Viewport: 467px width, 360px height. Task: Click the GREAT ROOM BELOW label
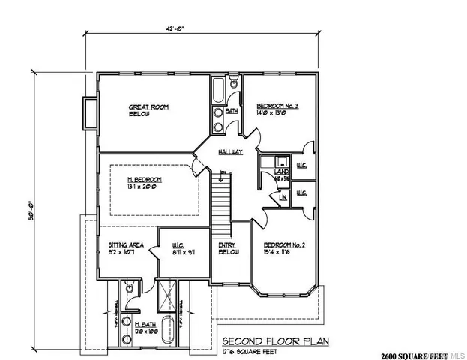pyautogui.click(x=149, y=110)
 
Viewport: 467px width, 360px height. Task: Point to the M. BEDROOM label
pyautogui.click(x=141, y=180)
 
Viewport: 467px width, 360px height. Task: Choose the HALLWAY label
pyautogui.click(x=230, y=152)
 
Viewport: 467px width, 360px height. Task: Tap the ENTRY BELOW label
pyautogui.click(x=228, y=249)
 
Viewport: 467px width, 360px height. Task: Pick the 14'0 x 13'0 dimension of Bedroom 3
pyautogui.click(x=277, y=115)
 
